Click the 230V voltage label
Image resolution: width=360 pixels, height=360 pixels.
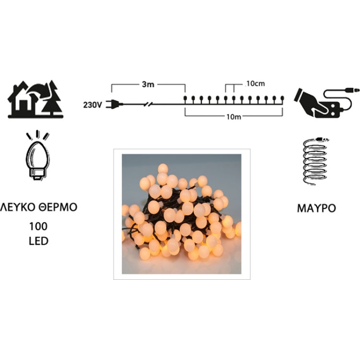point(93,105)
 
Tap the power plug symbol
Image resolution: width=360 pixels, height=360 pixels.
point(116,104)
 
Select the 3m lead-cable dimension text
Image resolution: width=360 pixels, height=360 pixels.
point(148,84)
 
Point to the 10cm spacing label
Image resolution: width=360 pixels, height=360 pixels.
point(255,84)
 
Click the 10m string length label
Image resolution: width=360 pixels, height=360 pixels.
point(233,117)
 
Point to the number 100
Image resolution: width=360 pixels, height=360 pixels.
point(39,226)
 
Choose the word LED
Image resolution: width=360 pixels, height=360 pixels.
point(39,241)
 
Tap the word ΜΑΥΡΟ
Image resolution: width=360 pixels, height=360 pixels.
point(316,208)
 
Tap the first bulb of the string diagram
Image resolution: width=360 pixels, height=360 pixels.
point(185,99)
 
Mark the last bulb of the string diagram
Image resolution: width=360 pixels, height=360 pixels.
point(282,99)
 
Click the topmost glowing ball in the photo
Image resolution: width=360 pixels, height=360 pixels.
point(163,169)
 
